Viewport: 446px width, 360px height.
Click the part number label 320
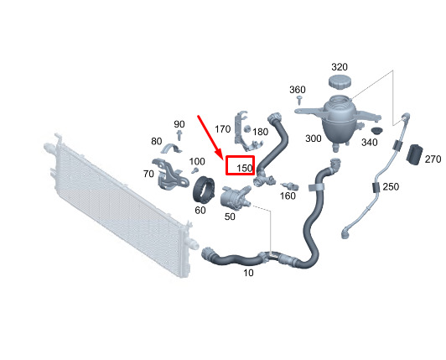[340, 67]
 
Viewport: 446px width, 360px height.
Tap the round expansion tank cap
[340, 82]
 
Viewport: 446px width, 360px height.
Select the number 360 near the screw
[298, 90]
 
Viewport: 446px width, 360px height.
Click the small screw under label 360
[299, 100]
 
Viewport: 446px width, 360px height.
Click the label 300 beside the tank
[314, 138]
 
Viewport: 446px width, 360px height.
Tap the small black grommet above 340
[376, 131]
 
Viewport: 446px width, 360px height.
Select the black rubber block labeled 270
[415, 154]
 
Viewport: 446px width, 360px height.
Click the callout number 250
[391, 187]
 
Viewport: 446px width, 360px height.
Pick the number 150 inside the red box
[245, 169]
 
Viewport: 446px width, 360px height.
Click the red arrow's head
[220, 156]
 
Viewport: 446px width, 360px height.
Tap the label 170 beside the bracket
[222, 129]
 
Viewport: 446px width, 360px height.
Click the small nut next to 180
[247, 128]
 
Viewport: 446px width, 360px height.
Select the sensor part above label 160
[289, 186]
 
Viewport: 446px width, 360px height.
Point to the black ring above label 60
[203, 190]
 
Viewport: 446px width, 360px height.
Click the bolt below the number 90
[179, 134]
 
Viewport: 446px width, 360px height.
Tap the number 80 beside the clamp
[157, 141]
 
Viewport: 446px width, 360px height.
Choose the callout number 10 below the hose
[248, 273]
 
